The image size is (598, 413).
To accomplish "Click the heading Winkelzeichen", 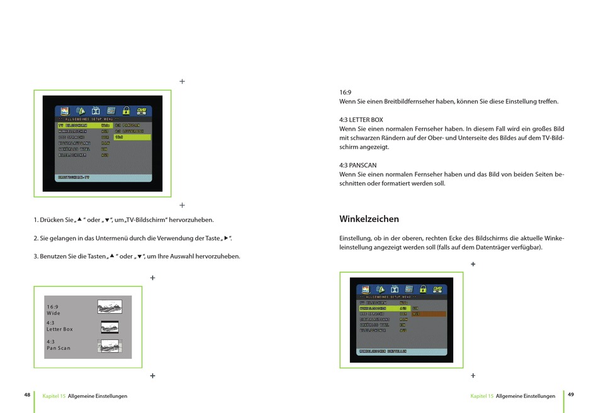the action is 369,219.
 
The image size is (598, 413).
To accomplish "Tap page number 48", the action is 27,395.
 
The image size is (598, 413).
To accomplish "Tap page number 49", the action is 570,395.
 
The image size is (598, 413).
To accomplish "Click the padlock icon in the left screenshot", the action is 126,111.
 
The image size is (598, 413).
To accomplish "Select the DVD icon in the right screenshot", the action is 437,289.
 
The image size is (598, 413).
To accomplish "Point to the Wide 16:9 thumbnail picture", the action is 110,306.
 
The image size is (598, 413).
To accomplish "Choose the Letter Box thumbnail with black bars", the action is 110,327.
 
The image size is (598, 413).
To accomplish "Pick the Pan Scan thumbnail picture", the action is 110,346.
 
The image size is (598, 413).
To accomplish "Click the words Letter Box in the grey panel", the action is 60,329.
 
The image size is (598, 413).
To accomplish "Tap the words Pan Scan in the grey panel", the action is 59,348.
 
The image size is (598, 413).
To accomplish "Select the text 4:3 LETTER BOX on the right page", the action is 361,119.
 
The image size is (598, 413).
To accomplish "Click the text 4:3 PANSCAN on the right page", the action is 358,165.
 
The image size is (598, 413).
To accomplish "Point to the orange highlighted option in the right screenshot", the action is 428,314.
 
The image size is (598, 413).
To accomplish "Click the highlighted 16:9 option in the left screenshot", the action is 132,137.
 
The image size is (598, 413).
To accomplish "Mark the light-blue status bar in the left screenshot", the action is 103,178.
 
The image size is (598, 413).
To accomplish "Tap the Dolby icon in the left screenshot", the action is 96,111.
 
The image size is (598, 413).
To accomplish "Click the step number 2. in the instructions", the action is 36,238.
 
